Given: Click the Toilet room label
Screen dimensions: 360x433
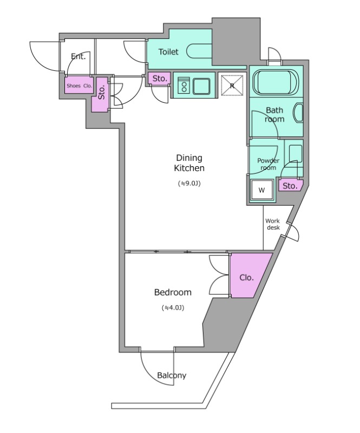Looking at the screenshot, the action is point(168,51).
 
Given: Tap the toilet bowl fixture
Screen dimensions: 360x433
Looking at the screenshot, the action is point(199,51).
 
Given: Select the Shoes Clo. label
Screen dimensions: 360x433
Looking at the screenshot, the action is point(79,86).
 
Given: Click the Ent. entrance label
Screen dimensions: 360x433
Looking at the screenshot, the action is point(78,57).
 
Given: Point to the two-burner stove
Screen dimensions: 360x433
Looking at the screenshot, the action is point(183,85).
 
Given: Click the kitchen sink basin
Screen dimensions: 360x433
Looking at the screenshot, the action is point(201,87).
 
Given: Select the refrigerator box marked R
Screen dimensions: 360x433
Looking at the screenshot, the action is point(232,86).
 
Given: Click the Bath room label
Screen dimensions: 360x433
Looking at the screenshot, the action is point(274,115).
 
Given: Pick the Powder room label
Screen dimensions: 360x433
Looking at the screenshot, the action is point(268,164).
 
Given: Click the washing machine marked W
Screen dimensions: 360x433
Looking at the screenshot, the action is point(261,190).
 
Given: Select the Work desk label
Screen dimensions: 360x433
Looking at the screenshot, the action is point(273,224).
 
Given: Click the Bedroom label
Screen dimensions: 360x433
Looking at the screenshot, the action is point(173,292).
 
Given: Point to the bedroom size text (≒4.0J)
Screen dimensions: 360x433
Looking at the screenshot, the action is point(173,307).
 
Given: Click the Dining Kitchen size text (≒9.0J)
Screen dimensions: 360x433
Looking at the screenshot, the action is point(189,183).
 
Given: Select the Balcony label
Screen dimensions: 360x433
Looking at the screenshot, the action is point(172,376).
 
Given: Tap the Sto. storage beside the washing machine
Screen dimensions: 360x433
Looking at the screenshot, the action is point(291,185).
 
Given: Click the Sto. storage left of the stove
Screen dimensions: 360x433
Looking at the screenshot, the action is point(160,78).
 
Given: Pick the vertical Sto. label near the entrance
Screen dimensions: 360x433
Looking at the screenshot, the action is point(102,92).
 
